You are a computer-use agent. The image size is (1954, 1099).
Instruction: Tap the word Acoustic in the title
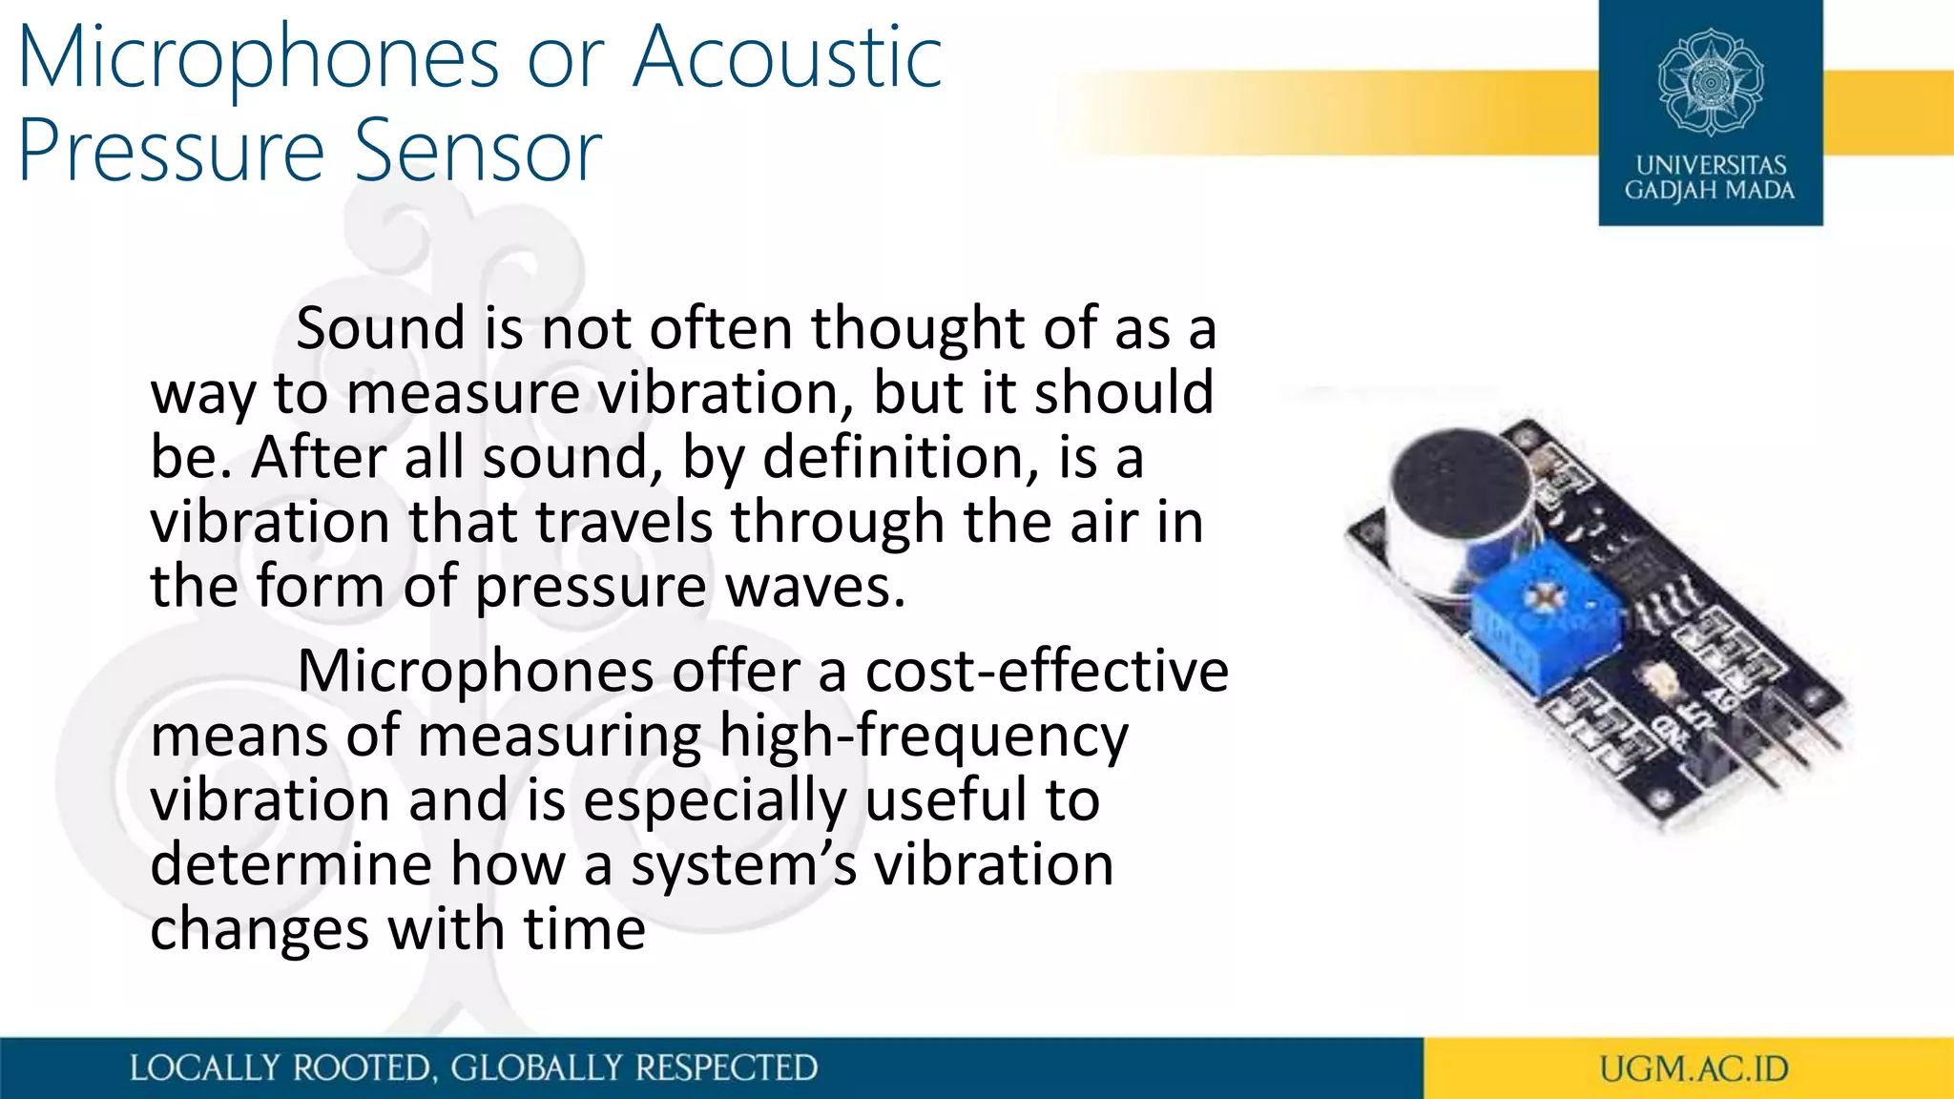[x=788, y=59]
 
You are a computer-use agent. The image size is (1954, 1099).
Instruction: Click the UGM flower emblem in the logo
[x=1710, y=82]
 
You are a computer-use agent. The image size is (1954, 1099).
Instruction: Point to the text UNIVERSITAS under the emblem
[x=1711, y=165]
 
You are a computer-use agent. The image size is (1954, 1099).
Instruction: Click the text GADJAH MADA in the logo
[x=1710, y=191]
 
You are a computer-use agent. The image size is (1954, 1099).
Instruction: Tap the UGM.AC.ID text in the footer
[x=1694, y=1068]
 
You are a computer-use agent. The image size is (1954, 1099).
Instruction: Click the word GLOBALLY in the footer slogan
[x=535, y=1068]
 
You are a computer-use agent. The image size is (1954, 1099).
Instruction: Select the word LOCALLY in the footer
[x=204, y=1068]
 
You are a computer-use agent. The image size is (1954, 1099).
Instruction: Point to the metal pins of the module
[x=1794, y=754]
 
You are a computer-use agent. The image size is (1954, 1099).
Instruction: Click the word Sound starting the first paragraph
[x=380, y=329]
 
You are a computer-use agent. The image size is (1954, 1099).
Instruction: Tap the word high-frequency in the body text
[x=924, y=736]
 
